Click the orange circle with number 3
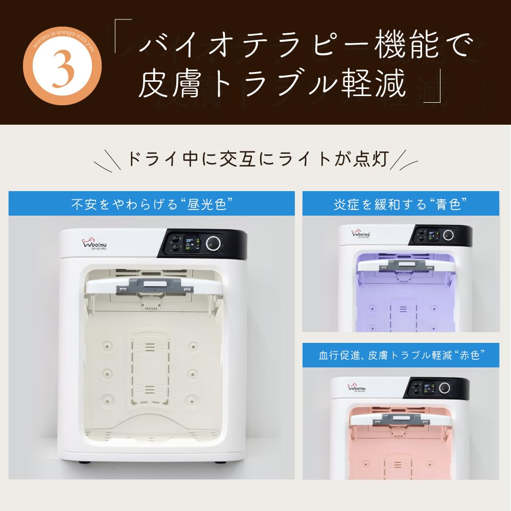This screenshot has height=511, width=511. click(66, 72)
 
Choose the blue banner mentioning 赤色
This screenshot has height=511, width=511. click(401, 355)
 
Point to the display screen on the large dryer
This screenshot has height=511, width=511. click(192, 244)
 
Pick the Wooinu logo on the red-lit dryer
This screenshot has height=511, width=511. click(357, 388)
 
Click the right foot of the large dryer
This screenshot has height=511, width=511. click(218, 463)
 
